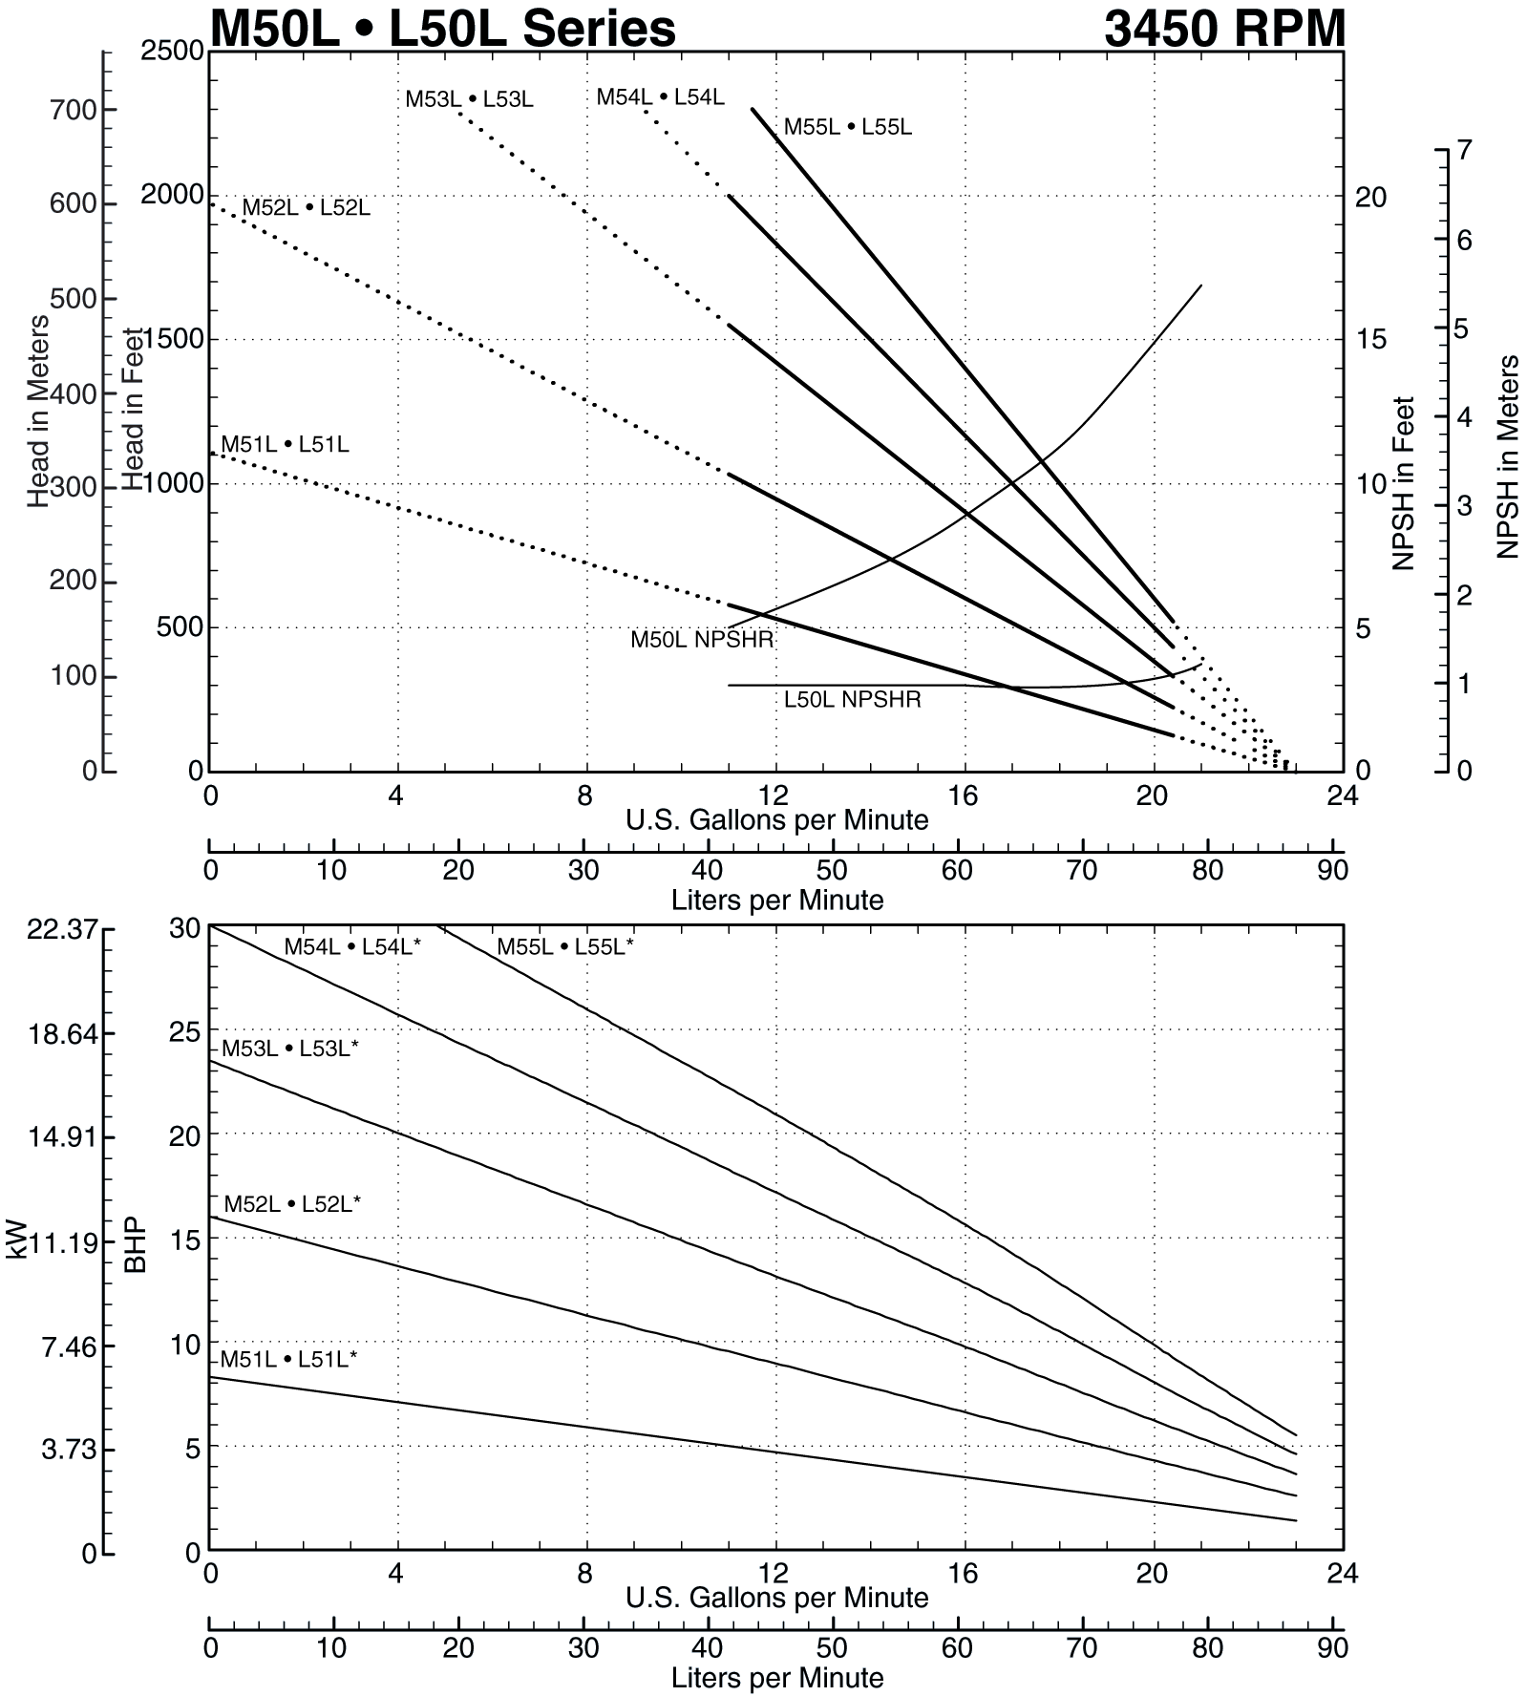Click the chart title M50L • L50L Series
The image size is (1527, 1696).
[x=442, y=28]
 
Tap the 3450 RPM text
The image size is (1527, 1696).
[x=1224, y=28]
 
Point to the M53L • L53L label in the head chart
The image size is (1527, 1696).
[x=469, y=99]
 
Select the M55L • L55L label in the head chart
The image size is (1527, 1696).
[x=848, y=127]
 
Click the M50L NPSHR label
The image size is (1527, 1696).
[x=702, y=640]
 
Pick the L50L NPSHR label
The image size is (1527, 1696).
[x=852, y=700]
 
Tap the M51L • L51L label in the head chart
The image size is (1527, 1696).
[x=285, y=444]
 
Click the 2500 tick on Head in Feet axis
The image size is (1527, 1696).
[x=172, y=51]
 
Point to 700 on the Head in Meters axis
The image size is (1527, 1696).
[x=73, y=111]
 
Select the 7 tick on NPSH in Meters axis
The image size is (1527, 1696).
[x=1464, y=150]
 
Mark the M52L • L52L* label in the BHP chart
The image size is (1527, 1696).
[x=292, y=1204]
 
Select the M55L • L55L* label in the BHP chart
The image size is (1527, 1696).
[x=564, y=947]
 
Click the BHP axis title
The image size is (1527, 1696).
[x=136, y=1244]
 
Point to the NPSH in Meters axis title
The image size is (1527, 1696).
[x=1508, y=456]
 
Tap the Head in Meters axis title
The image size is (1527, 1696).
[x=37, y=411]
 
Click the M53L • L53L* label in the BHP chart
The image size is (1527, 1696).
[x=290, y=1049]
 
